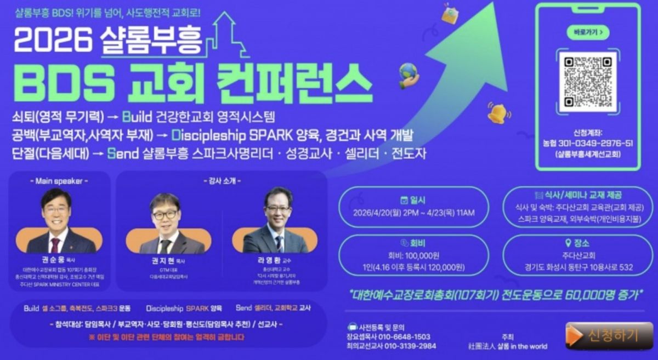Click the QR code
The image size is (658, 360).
tap(588, 81)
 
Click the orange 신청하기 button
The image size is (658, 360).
tap(609, 335)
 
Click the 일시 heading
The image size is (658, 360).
tap(406, 200)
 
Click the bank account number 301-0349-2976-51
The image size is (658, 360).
tap(594, 144)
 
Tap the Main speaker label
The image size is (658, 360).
tap(59, 180)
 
